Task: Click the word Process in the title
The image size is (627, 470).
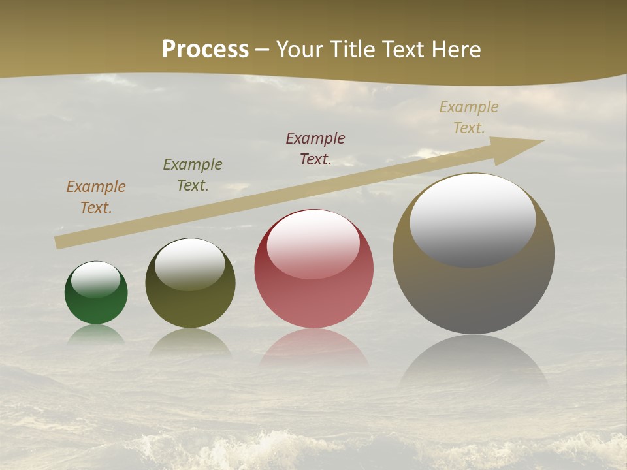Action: (205, 50)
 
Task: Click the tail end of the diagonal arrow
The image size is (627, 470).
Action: (60, 242)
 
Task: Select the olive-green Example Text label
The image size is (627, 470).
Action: (193, 175)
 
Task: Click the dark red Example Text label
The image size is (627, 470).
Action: (315, 149)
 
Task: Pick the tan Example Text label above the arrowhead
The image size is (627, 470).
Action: (469, 117)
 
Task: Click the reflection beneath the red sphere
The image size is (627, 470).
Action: (313, 349)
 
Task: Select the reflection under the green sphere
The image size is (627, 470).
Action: (96, 334)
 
